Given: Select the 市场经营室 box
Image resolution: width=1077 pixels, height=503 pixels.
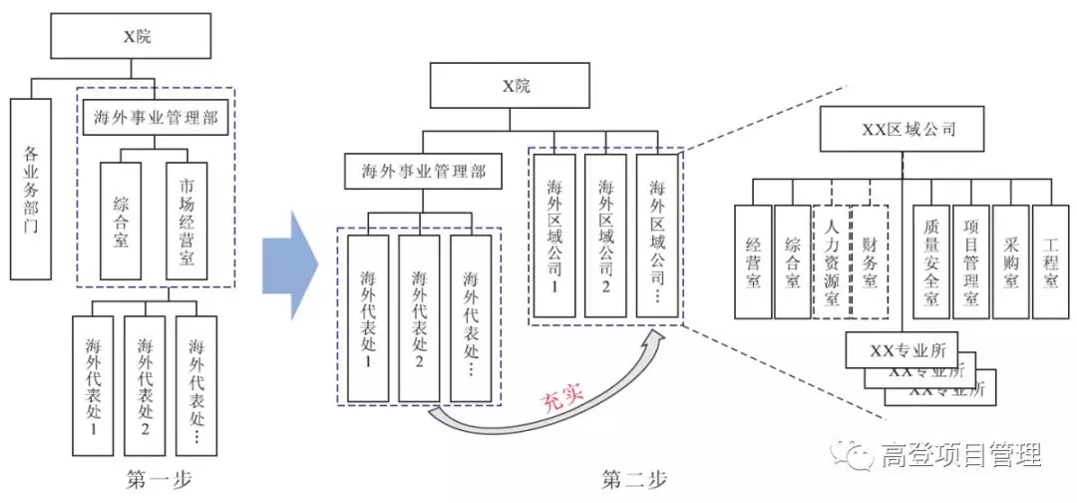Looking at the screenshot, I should coord(187,221).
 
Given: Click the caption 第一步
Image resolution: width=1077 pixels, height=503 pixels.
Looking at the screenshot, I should coord(160,479).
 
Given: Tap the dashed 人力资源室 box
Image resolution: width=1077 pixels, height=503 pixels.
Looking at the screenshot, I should coord(833,262).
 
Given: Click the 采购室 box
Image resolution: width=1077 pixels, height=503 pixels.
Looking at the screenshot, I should coord(1010,262).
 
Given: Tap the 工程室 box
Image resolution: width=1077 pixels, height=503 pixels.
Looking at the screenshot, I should coord(1049,262).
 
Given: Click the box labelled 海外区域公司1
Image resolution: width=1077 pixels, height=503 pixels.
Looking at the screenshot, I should coord(554,236).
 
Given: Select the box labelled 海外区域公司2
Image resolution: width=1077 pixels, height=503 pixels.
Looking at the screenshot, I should coord(605,236).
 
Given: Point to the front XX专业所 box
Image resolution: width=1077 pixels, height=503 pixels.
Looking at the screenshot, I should coord(900,349).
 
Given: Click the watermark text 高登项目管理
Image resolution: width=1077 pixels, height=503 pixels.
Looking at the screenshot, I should coord(961,456).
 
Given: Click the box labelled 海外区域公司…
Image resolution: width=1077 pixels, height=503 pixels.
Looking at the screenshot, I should coord(656,236).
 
